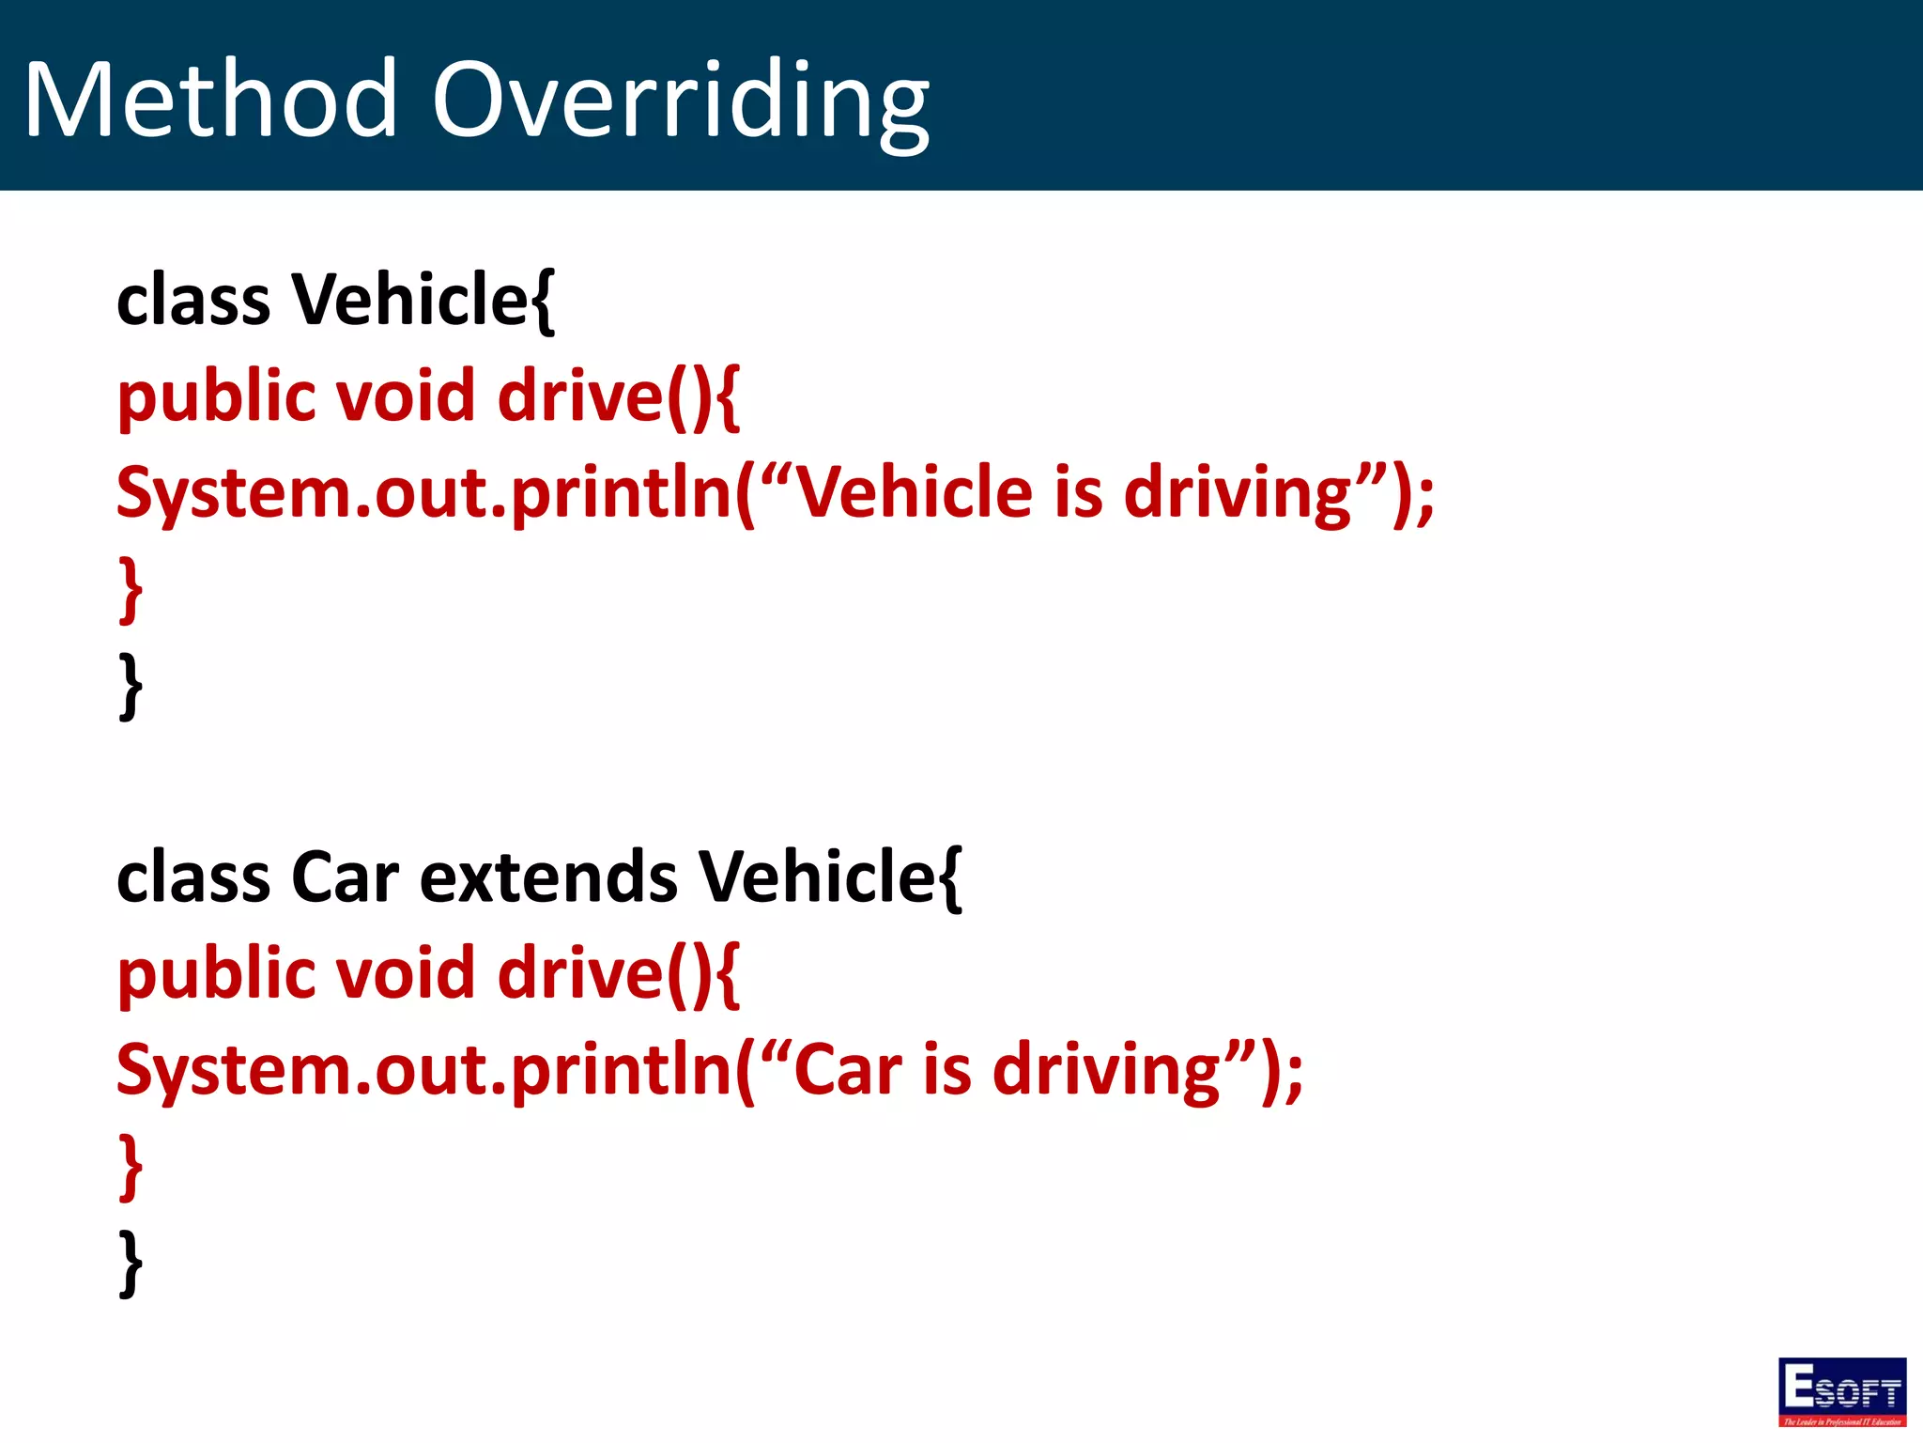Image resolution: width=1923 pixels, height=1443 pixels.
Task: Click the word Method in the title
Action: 210,99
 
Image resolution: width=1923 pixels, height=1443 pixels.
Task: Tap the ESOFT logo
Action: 1841,1391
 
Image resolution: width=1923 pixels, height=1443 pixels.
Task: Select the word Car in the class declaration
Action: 345,877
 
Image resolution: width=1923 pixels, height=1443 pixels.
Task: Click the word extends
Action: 547,877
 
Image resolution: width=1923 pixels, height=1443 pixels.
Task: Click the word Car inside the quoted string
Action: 848,1070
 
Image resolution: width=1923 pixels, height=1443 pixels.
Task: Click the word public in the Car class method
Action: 217,975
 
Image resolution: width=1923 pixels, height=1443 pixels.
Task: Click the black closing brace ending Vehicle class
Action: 131,687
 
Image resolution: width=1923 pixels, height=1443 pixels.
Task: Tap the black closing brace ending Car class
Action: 131,1264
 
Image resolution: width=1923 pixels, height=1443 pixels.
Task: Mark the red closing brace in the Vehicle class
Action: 131,590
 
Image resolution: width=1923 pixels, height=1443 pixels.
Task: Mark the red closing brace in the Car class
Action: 131,1167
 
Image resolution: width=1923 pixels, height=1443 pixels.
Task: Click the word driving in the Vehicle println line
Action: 1237,494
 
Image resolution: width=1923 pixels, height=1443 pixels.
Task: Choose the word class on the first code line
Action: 193,301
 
